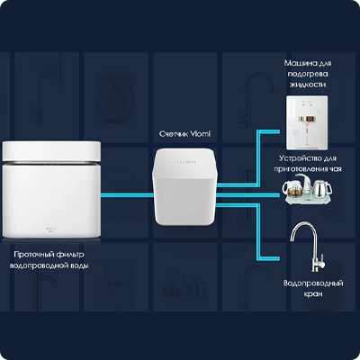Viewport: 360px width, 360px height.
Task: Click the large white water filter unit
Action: coord(51,190)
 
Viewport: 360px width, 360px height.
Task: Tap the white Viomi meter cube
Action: coord(184,186)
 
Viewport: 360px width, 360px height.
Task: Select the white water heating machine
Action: coord(307,122)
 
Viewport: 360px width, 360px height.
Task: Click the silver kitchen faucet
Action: coord(307,247)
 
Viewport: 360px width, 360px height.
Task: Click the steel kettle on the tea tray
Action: coord(322,187)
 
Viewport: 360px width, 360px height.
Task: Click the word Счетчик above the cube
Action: coord(174,134)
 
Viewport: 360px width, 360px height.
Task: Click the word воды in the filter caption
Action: coord(79,265)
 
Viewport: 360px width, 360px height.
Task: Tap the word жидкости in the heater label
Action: coord(308,85)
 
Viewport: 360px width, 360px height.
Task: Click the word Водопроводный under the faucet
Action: coord(313,283)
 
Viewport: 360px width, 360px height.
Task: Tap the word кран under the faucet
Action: coord(313,294)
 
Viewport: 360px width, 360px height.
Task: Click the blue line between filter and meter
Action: coord(127,195)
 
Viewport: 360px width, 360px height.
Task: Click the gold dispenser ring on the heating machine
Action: coord(307,119)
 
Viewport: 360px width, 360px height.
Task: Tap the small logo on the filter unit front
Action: coord(51,229)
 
